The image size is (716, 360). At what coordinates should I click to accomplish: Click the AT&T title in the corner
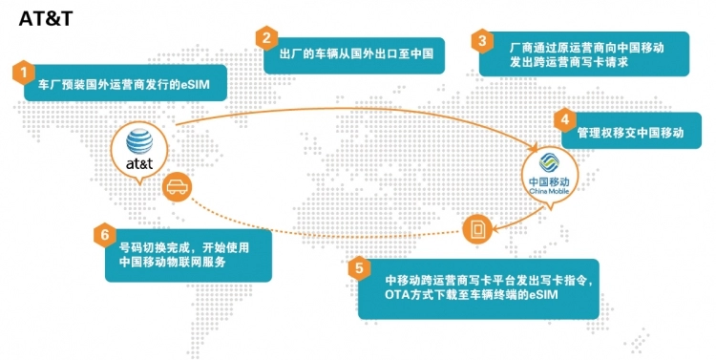coord(46,19)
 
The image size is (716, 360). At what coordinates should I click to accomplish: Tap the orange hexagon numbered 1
coord(24,73)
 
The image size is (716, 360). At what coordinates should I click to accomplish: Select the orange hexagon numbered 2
coord(266,38)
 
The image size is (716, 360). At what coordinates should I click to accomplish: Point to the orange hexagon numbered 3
coord(482,41)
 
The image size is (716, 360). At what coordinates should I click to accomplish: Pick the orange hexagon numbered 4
coord(565,119)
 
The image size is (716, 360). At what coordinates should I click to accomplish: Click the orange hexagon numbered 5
coord(359,268)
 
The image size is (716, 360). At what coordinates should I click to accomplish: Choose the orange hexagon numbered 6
coord(105,235)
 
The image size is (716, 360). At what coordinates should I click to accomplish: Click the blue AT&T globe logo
coord(139,141)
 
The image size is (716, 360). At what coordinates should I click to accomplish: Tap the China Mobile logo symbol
coord(549,163)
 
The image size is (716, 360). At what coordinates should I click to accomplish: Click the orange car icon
coord(178,187)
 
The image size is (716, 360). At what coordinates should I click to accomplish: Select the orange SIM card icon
coord(477,228)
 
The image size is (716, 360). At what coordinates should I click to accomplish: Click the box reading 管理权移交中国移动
coord(632,131)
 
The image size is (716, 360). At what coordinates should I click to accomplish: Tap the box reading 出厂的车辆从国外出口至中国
coord(354,55)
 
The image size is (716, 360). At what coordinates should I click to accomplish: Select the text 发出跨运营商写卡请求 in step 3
coord(569,62)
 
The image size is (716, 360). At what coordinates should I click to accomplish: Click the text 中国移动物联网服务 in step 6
coord(173,263)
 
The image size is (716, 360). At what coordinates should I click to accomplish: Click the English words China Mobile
coord(549,191)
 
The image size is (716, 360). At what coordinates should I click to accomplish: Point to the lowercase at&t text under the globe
coord(139,163)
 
